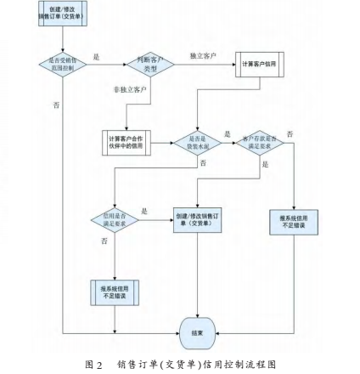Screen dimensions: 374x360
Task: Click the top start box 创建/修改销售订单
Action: coord(62,13)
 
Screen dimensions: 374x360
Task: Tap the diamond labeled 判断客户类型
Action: coord(150,65)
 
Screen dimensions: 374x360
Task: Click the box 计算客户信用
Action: coord(259,65)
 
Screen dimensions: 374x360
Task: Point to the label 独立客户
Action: coord(202,55)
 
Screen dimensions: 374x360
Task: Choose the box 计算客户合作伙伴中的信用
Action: coord(127,141)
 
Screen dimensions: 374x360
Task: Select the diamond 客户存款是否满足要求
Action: coord(259,142)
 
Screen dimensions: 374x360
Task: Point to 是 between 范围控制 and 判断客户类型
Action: coord(96,56)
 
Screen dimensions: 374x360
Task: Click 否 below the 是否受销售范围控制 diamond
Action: coord(57,105)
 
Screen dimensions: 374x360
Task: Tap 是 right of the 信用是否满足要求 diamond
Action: coord(144,210)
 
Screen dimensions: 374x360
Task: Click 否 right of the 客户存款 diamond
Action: coord(290,133)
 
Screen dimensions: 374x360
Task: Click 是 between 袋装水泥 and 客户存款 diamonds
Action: coord(228,133)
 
